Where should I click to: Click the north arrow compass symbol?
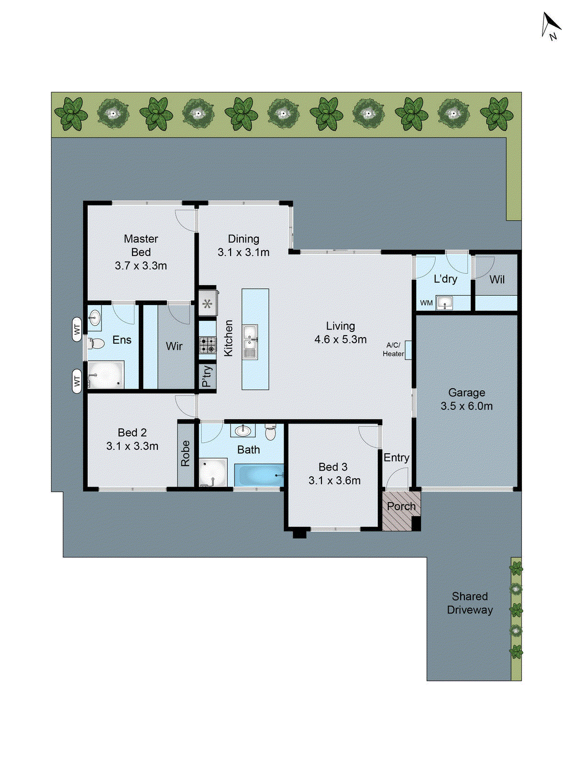pos(551,26)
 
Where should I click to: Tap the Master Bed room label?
pos(141,245)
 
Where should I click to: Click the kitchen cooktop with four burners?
pos(208,345)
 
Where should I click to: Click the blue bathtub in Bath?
pos(259,476)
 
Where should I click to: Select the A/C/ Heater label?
pos(393,350)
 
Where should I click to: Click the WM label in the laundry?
pos(426,303)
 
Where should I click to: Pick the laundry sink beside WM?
pos(444,303)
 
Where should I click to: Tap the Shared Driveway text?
pos(470,603)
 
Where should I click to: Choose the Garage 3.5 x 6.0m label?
pos(466,399)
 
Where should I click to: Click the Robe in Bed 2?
pos(186,453)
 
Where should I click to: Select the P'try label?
pos(207,376)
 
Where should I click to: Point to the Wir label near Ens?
pos(174,346)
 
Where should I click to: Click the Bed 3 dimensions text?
pos(334,481)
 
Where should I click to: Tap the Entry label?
pos(396,458)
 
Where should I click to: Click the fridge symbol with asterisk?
pos(207,303)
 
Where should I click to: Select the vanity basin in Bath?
pos(243,430)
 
